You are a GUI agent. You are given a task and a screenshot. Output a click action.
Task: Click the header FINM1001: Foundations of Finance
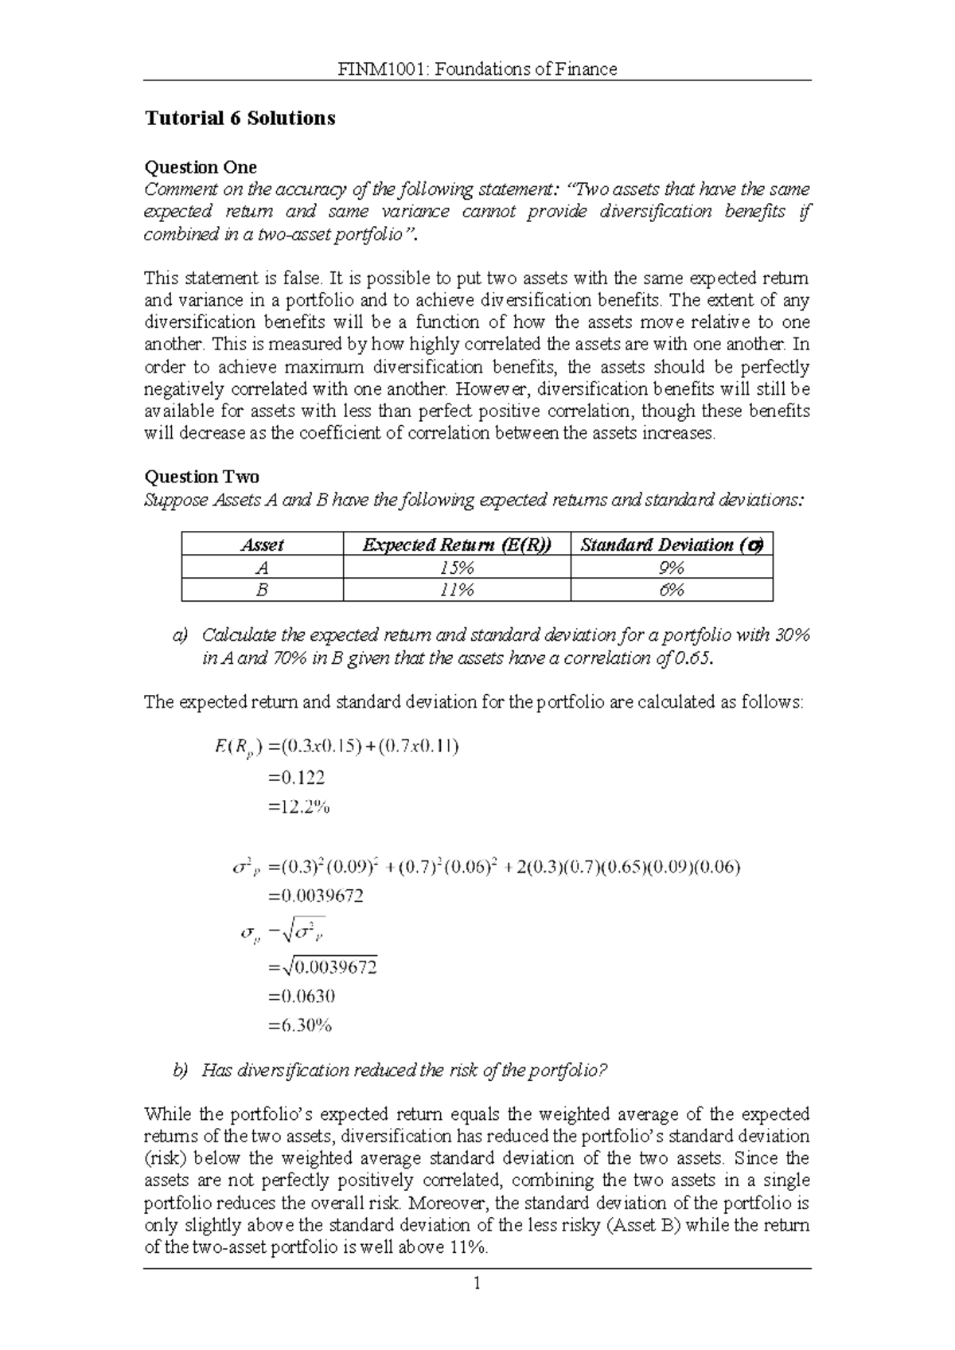[x=477, y=69]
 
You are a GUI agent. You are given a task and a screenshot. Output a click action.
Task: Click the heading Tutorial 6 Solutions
[x=240, y=119]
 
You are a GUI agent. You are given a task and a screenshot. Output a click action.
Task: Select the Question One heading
[x=200, y=167]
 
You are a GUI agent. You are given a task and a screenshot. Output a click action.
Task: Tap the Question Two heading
[x=201, y=477]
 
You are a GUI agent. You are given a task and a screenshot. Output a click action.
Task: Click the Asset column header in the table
[x=262, y=545]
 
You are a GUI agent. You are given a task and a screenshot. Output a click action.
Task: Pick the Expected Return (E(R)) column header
[x=457, y=545]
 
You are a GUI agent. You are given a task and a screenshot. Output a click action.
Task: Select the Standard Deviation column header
[x=671, y=545]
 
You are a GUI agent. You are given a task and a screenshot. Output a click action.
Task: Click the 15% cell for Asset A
[x=457, y=568]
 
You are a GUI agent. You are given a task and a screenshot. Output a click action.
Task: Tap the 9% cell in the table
[x=671, y=568]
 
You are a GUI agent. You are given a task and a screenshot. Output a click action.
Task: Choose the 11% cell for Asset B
[x=457, y=591]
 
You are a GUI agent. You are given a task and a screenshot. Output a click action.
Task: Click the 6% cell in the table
[x=671, y=591]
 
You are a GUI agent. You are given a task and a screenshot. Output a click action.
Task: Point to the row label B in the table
[x=262, y=591]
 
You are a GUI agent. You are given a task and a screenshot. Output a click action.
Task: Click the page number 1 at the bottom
[x=476, y=1283]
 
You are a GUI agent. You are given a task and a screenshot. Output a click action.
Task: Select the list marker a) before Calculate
[x=181, y=636]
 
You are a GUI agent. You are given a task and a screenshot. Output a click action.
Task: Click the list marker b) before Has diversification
[x=181, y=1071]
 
